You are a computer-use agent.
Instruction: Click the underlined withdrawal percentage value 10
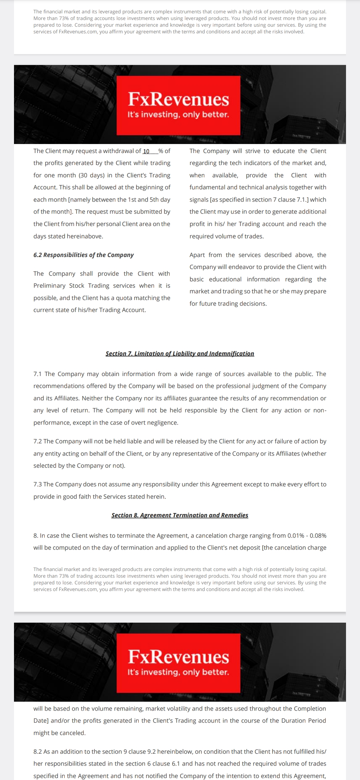pos(146,151)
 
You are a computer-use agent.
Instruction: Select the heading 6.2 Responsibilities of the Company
pos(83,255)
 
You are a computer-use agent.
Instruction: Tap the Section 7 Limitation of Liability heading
pos(180,354)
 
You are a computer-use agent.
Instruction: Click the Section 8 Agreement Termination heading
pos(180,515)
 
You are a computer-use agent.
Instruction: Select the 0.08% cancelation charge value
pos(318,536)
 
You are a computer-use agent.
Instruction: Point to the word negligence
pos(163,423)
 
